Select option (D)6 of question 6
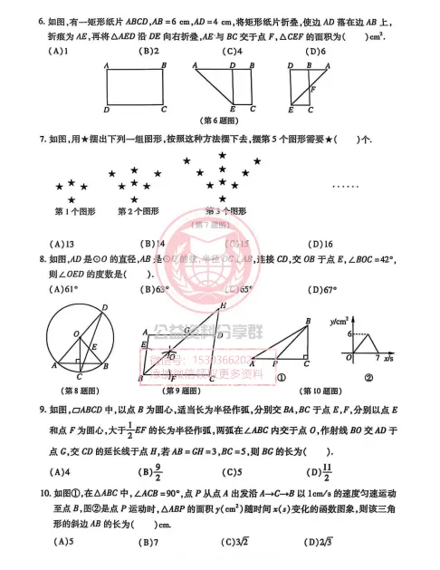tap(316, 51)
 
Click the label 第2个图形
tap(138, 212)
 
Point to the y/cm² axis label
tap(340, 319)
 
